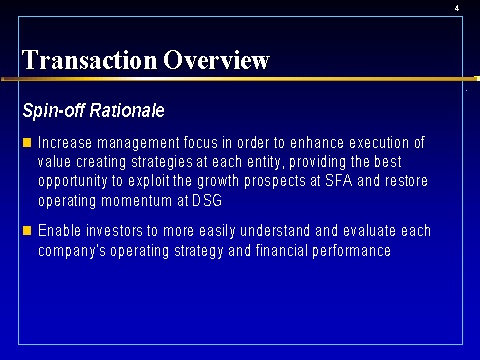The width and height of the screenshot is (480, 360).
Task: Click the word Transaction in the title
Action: coord(89,60)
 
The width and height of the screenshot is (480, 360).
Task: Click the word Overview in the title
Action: coord(216,60)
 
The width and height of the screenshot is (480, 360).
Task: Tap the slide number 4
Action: coord(457,8)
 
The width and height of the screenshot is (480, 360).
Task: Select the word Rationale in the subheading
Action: coord(127,110)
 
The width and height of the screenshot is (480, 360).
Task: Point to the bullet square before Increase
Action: coord(27,143)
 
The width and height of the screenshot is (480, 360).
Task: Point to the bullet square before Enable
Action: coord(27,231)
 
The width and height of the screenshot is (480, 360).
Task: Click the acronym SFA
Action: coord(339,180)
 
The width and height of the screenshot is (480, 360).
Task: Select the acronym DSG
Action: coord(207,200)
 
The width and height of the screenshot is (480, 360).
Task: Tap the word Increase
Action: coord(65,143)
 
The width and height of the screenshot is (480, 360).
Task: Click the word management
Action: coord(138,144)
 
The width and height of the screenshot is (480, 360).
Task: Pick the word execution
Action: coord(379,143)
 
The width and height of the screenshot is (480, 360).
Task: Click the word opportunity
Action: coord(73,182)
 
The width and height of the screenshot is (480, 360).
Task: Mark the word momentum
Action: coord(136,201)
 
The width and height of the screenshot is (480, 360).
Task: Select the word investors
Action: coord(114,231)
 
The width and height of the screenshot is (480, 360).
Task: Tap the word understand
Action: coord(275,231)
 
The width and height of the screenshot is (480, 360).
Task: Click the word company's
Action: coord(72,251)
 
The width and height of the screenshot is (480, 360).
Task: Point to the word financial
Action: coord(281,250)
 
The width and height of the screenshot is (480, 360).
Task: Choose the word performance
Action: coord(351,251)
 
